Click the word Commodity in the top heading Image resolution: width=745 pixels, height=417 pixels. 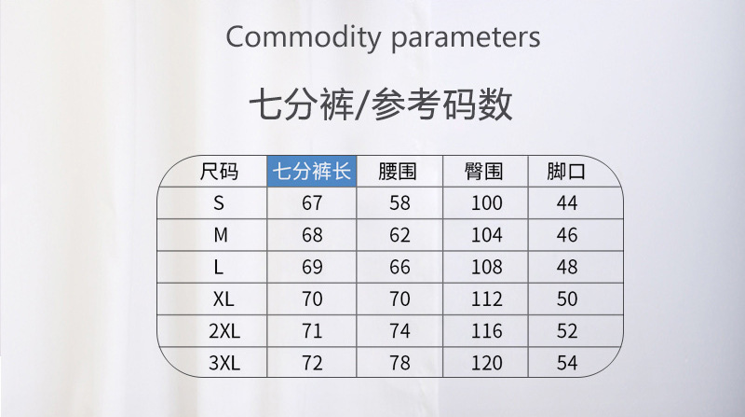(x=304, y=36)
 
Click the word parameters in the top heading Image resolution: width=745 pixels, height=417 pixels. (x=466, y=38)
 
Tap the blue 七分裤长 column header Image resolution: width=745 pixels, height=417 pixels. (x=312, y=171)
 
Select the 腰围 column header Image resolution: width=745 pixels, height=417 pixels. (x=398, y=172)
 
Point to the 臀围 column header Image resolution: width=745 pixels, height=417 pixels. (x=483, y=172)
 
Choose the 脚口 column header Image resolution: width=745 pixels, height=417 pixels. (x=566, y=172)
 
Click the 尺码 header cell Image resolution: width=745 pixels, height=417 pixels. (x=219, y=172)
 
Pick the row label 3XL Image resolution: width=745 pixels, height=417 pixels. (x=224, y=363)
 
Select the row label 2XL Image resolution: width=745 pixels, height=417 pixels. (x=224, y=331)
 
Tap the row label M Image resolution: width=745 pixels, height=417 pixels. (x=221, y=235)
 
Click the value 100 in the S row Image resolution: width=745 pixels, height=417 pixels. (x=486, y=203)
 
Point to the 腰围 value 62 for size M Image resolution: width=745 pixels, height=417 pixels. (x=400, y=235)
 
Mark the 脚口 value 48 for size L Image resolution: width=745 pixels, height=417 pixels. (x=567, y=267)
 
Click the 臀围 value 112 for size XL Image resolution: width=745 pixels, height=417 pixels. (x=486, y=299)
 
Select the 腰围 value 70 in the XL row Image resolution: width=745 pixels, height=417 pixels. (x=400, y=299)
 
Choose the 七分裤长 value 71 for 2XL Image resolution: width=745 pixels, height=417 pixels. (x=312, y=331)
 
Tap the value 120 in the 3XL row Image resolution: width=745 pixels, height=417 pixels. (x=486, y=363)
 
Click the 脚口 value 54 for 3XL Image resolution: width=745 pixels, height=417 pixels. (x=567, y=363)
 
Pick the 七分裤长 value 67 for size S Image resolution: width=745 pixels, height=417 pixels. (x=312, y=203)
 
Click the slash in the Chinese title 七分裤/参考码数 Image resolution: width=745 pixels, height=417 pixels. (x=362, y=104)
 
